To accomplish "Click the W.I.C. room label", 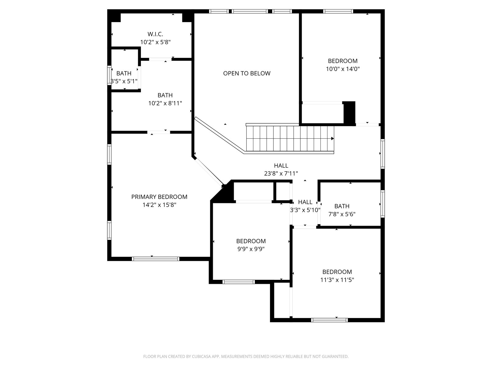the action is (x=155, y=34).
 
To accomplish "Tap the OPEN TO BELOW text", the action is (x=247, y=73).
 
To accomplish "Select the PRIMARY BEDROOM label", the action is (x=159, y=197).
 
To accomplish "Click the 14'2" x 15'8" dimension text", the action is (x=159, y=205).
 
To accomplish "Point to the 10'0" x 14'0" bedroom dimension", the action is (x=343, y=69).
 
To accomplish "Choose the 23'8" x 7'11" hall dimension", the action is (x=281, y=173).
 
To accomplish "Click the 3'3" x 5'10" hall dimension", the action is (x=305, y=210).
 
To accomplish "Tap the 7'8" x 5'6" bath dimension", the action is (x=342, y=214).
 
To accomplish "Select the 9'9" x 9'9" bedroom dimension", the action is (x=251, y=249).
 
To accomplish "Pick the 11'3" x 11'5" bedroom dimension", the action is (x=337, y=280).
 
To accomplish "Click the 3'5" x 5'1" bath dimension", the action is (x=124, y=81).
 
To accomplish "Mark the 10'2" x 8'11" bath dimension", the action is (x=165, y=103).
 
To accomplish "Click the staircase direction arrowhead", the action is (x=332, y=138).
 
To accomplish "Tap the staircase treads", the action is (x=290, y=138).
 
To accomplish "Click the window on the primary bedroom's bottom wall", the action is (x=155, y=259).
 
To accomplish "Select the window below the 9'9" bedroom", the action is (x=239, y=282).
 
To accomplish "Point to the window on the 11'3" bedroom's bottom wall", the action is (x=330, y=320).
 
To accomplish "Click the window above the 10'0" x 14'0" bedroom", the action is (x=338, y=11).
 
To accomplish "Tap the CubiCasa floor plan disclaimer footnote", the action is (x=246, y=356).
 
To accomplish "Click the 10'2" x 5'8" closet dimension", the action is (x=155, y=42).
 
